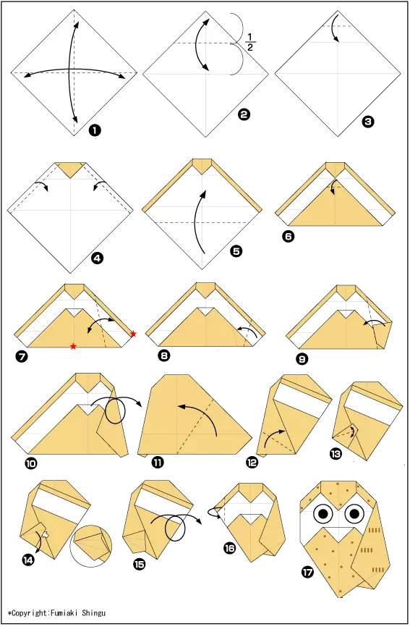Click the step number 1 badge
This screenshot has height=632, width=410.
95,130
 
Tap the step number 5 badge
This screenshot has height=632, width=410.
236,251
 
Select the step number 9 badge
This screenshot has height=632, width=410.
302,358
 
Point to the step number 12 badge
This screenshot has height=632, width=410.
252,463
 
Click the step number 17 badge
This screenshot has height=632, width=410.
307,571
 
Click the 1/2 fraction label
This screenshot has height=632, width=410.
250,42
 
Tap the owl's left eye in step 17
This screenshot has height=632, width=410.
323,513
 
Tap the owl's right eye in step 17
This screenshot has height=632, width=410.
354,513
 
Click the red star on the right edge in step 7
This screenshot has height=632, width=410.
133,334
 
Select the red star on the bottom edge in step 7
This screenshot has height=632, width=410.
73,346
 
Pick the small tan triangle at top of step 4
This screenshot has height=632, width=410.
71,170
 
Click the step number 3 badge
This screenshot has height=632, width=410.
368,121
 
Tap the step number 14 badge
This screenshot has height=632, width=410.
29,560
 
